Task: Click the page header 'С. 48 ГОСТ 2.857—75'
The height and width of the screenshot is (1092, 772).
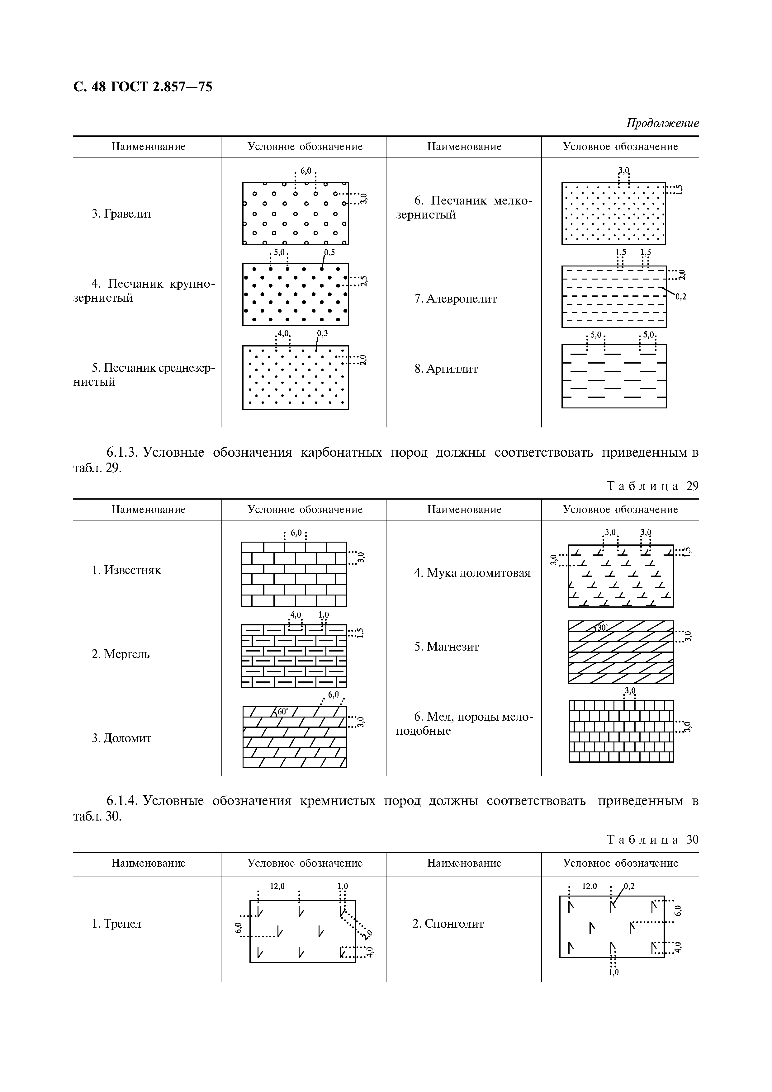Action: pos(143,87)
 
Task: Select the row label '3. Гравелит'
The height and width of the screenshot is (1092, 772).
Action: pos(122,214)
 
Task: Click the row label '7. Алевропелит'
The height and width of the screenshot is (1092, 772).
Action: pos(455,299)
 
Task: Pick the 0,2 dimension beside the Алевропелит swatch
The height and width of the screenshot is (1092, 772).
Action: pos(681,297)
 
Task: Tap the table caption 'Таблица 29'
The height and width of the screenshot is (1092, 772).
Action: pos(653,486)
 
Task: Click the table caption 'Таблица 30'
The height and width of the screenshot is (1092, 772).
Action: pos(653,840)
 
